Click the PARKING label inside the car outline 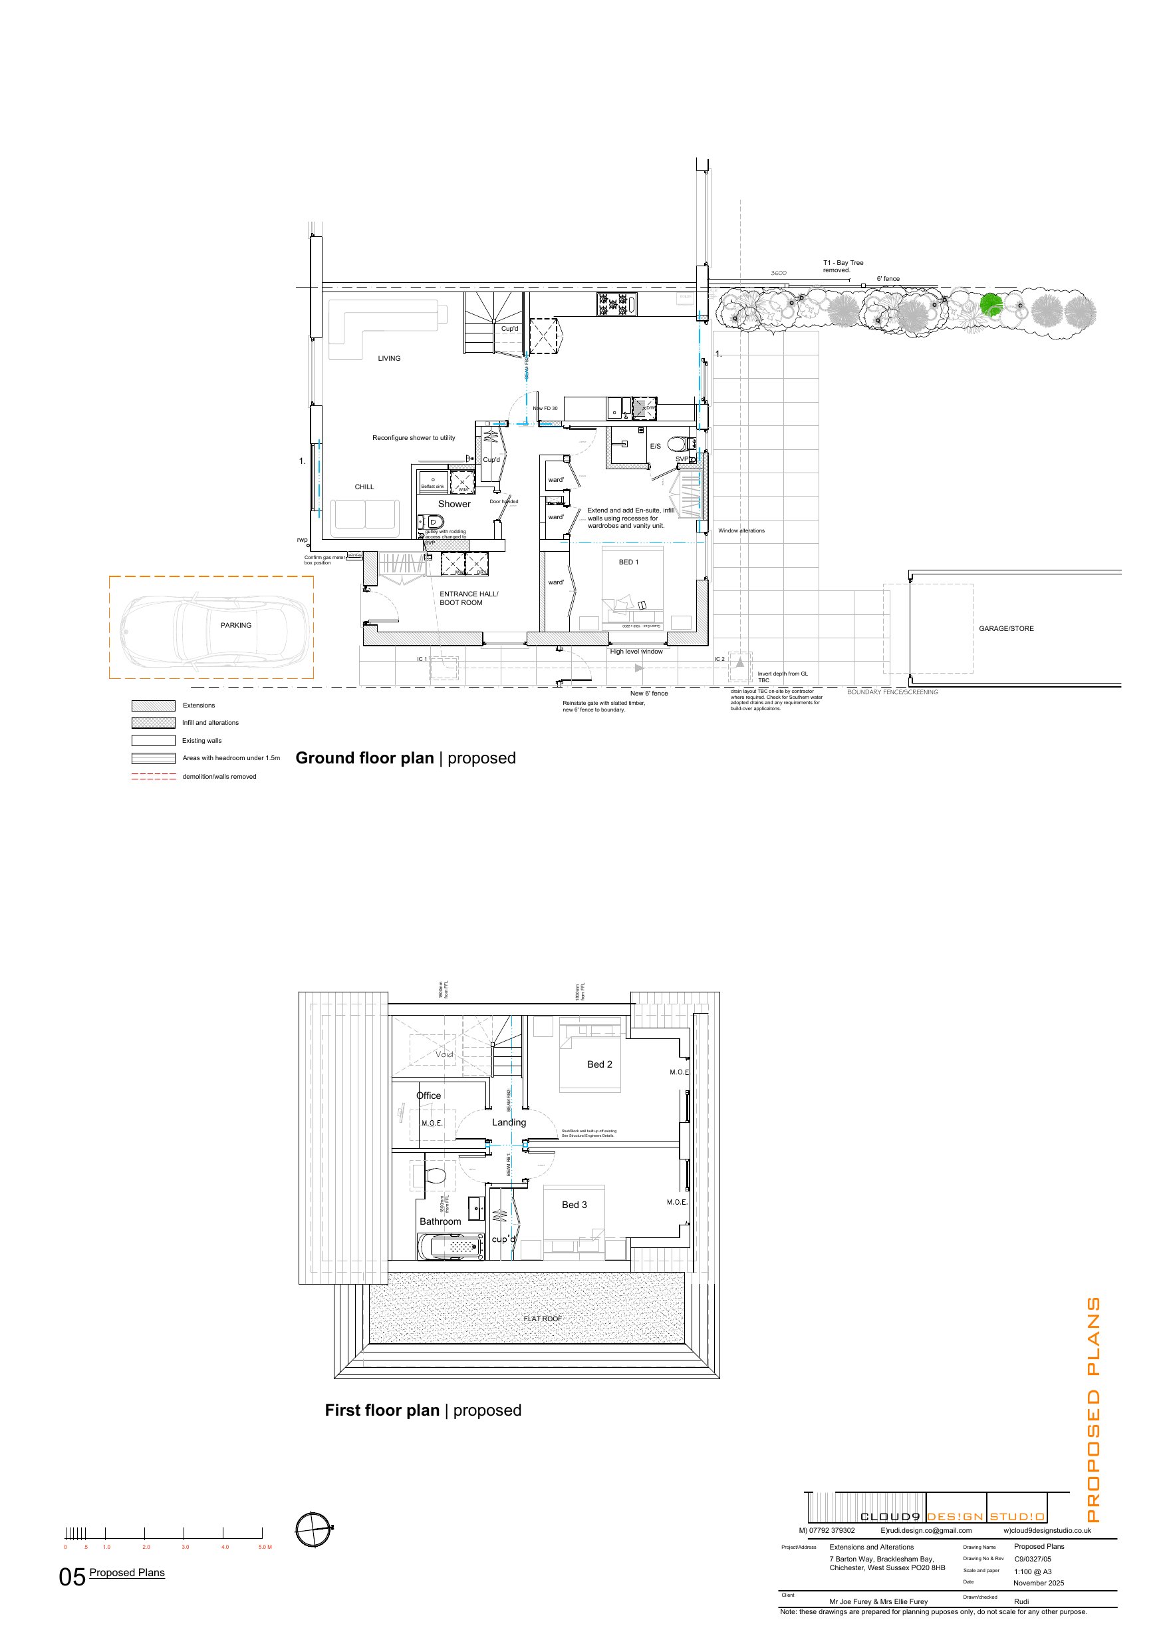coord(236,625)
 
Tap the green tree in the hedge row coord(991,304)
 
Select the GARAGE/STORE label coord(1006,629)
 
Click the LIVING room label coord(389,358)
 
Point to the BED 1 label coord(628,562)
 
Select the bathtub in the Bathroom coord(451,1247)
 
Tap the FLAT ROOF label coord(542,1319)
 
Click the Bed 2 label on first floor coord(600,1064)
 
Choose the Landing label coord(509,1122)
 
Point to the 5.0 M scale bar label coord(265,1547)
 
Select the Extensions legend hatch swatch coord(153,706)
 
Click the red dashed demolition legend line coord(153,776)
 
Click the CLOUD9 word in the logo coord(890,1517)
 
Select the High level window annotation coord(636,652)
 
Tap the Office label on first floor coord(428,1096)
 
